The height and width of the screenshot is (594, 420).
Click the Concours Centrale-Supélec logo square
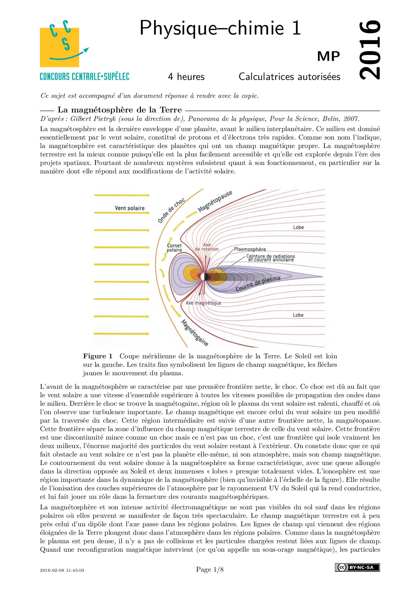pyautogui.click(x=60, y=47)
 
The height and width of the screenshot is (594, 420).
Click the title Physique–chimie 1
pyautogui.click(x=220, y=28)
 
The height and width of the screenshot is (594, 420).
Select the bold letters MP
pyautogui.click(x=328, y=57)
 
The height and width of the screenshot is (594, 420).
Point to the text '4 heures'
pyautogui.click(x=186, y=77)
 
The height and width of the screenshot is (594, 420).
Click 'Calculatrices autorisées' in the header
pyautogui.click(x=289, y=77)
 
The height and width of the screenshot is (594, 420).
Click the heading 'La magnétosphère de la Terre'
pyautogui.click(x=120, y=110)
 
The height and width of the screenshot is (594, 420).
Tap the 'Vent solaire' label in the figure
pyautogui.click(x=129, y=208)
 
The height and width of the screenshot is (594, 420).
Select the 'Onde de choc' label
pyautogui.click(x=171, y=210)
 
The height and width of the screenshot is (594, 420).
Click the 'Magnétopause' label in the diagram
pyautogui.click(x=215, y=201)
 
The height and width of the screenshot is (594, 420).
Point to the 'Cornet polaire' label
pyautogui.click(x=174, y=248)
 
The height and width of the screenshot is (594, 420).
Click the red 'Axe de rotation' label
pyautogui.click(x=207, y=247)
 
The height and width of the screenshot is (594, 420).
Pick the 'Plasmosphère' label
pyautogui.click(x=250, y=249)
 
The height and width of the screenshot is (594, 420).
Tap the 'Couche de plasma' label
pyautogui.click(x=258, y=283)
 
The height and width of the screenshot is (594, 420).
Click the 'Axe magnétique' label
pyautogui.click(x=203, y=303)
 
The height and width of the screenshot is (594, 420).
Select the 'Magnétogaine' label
pyautogui.click(x=195, y=333)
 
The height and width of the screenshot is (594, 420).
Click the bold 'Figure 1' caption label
pyautogui.click(x=98, y=356)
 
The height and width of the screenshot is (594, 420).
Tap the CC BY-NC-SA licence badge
pyautogui.click(x=357, y=567)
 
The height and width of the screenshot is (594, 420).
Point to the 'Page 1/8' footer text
pyautogui.click(x=210, y=570)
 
